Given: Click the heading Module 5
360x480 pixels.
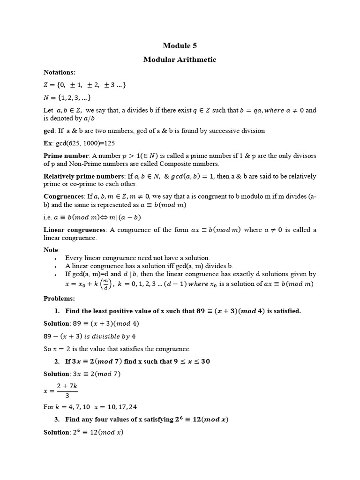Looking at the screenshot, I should click(180, 45).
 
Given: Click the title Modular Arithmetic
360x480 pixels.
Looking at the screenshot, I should click(180, 60).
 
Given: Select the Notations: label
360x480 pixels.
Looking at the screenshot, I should click(60, 72).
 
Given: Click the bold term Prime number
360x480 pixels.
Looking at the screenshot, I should click(66, 156).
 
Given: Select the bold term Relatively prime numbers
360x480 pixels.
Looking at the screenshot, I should click(83, 176).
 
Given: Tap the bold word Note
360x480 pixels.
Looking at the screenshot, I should click(52, 250).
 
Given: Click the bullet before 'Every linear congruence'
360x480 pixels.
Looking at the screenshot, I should click(55, 258).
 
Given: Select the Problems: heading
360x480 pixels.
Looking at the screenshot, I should click(59, 298).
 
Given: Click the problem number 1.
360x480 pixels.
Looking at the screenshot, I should click(57, 311).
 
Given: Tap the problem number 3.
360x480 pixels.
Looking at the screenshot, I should click(57, 419).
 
